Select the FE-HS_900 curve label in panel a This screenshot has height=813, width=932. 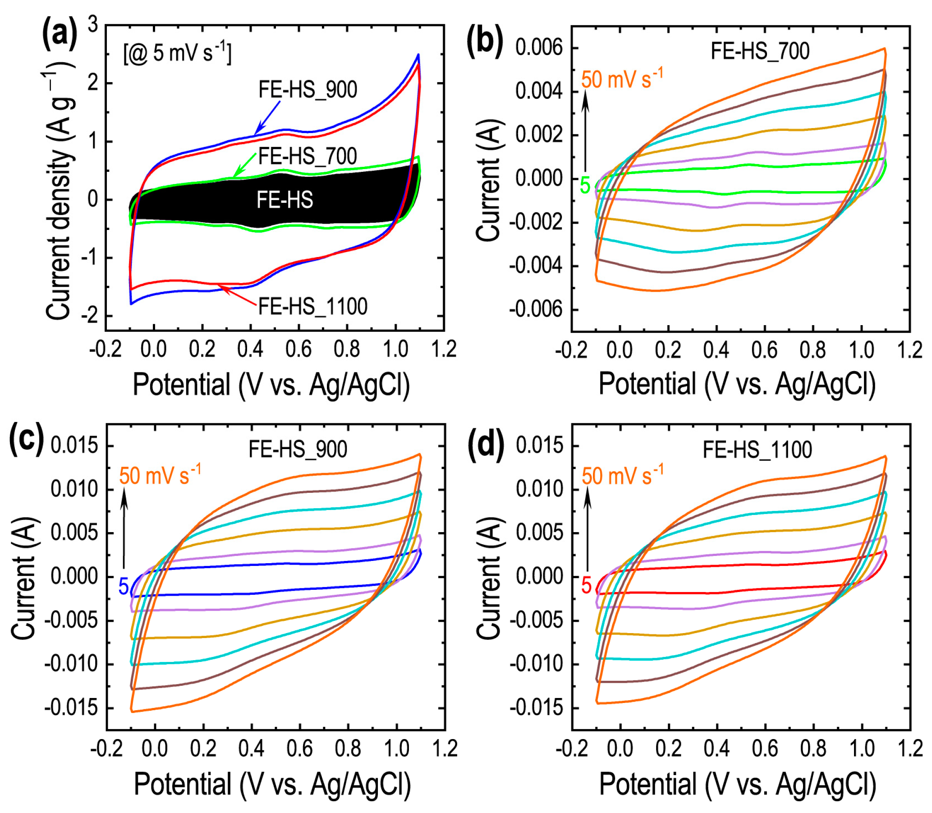tap(308, 90)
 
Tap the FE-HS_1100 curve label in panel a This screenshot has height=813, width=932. tap(312, 306)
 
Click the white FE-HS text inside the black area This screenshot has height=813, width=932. tap(285, 200)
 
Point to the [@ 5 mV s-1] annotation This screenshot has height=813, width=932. tap(177, 53)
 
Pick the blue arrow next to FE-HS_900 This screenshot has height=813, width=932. tap(267, 117)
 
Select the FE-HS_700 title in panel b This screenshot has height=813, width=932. tap(760, 51)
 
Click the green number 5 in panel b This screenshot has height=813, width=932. tap(585, 186)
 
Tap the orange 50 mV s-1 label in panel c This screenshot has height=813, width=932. tap(160, 475)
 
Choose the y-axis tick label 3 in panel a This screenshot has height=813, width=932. tap(93, 24)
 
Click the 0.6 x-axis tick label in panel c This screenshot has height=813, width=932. tap(299, 748)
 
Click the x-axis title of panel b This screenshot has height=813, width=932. tap(737, 384)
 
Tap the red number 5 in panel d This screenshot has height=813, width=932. tap(586, 585)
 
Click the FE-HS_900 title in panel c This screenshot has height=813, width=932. tap(298, 450)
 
